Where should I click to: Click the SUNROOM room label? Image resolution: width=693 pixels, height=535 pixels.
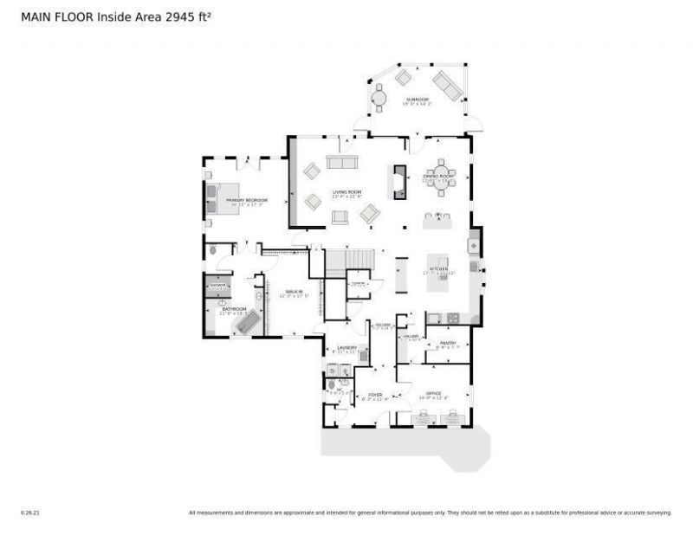coord(417,100)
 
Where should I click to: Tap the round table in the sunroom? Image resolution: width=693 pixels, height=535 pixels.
coord(379,98)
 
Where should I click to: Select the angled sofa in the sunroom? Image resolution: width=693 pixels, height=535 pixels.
coord(447,85)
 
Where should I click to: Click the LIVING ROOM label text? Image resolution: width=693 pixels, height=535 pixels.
coord(346,192)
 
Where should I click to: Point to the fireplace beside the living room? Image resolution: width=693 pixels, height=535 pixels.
coord(399,182)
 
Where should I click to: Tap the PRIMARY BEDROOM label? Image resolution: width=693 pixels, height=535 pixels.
coord(247,200)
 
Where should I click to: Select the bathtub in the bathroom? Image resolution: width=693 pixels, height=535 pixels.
coord(249,322)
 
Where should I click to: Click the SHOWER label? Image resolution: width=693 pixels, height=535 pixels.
coord(217,285)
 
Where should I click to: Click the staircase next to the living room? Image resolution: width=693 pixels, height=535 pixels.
coord(350,261)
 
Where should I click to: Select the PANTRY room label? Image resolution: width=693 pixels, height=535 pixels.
coord(448,343)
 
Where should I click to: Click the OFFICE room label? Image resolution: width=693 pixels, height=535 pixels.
coord(434,394)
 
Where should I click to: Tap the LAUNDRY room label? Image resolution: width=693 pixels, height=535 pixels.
coord(346,348)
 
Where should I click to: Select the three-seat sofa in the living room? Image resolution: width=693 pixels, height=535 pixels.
coord(341,162)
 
